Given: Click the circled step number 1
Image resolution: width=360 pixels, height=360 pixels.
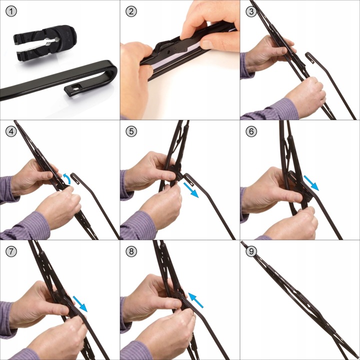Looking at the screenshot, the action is coord(11,11).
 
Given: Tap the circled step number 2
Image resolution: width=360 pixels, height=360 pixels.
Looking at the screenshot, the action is coord(131,11).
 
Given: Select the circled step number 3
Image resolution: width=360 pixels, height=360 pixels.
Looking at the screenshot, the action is coord(251,11).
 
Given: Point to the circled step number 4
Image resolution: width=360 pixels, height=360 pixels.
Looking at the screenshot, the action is coord(11,131).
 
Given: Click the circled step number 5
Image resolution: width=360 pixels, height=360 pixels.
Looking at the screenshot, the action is coord(131,131).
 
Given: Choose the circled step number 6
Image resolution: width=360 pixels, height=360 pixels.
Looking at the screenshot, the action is coord(251,131).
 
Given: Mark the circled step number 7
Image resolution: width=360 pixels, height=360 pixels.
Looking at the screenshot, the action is coord(11,251).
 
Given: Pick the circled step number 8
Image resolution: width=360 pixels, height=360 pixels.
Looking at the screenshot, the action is coord(131,251).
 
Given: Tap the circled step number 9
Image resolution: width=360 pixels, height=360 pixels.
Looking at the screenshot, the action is coord(251,251).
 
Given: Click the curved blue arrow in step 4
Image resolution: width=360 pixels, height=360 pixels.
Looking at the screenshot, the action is coord(68,178).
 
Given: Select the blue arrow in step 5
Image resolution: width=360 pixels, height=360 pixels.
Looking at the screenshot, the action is coord(191,190).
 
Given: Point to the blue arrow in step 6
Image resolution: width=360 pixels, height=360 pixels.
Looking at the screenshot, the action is coord(311,183).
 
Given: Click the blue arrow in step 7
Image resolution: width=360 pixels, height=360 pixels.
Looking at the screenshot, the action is coord(80,304).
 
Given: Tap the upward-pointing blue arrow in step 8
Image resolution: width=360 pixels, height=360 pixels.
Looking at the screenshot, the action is coord(195,300).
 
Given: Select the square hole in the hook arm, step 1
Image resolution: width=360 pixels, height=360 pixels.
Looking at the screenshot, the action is coord(75,87).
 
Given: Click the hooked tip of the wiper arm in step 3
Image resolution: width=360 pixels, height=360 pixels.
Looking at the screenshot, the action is coord(309,57).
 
